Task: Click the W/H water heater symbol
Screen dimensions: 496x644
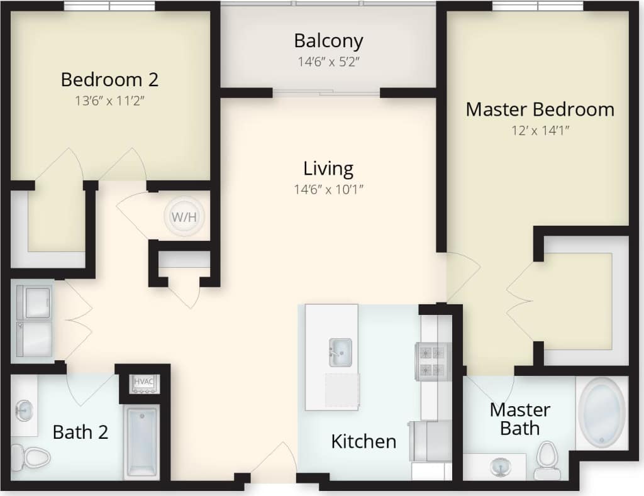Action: [x=184, y=218]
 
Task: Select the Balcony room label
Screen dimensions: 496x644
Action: [x=328, y=41]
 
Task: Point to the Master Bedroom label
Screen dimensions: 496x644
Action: [x=540, y=109]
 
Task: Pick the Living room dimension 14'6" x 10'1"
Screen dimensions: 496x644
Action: [x=328, y=189]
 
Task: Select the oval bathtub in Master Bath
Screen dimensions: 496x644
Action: [x=602, y=412]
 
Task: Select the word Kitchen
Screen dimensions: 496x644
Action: [x=364, y=441]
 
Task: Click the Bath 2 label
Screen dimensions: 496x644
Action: [x=80, y=432]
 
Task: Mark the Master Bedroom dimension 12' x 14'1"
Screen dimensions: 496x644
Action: [x=540, y=131]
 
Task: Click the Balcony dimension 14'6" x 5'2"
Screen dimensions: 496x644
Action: [x=328, y=62]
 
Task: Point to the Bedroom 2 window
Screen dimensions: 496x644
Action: [x=109, y=6]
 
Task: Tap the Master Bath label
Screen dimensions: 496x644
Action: [x=519, y=419]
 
